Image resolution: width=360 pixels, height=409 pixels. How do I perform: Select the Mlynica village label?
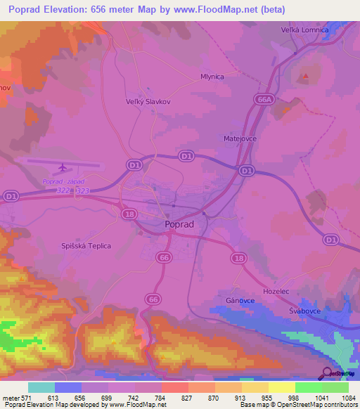click(x=212, y=78)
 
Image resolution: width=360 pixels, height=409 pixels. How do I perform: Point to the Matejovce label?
click(x=240, y=139)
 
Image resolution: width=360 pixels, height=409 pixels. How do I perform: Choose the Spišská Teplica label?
click(x=86, y=246)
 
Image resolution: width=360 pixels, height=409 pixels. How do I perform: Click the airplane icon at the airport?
click(x=63, y=167)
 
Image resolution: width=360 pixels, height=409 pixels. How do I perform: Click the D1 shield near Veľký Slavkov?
click(x=134, y=164)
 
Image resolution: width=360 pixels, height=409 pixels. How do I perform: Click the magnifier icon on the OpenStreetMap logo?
click(x=328, y=373)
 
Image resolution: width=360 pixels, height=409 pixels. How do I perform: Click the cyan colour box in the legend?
click(x=41, y=387)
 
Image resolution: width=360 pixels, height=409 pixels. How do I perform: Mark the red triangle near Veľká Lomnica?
click(x=305, y=75)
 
